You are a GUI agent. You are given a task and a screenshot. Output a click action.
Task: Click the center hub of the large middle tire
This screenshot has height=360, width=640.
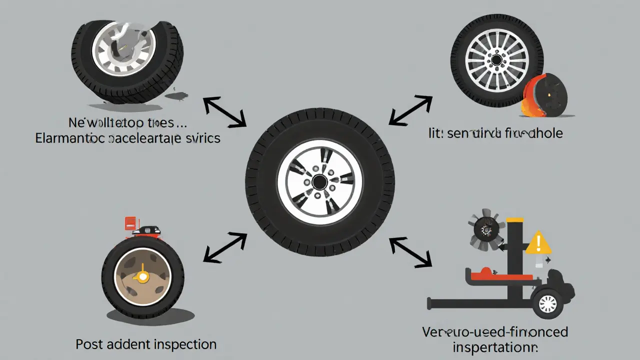coord(319,182)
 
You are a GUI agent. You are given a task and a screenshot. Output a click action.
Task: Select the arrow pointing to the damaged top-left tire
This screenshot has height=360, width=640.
coord(224,112)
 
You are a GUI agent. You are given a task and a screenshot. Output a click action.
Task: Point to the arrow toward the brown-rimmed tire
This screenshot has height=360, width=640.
coord(225,247)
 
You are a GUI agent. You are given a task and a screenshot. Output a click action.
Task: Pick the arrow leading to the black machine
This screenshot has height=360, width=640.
coord(410,251)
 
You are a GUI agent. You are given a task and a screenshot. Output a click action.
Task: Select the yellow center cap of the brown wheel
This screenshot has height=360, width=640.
coord(143,276)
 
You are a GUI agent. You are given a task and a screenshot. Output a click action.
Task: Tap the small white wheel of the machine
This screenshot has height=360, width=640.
coord(547,303)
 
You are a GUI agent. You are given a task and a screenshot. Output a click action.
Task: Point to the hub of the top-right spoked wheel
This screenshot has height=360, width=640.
coord(496,60)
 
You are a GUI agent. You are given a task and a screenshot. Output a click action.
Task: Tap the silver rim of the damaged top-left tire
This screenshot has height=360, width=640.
coord(124,47)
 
